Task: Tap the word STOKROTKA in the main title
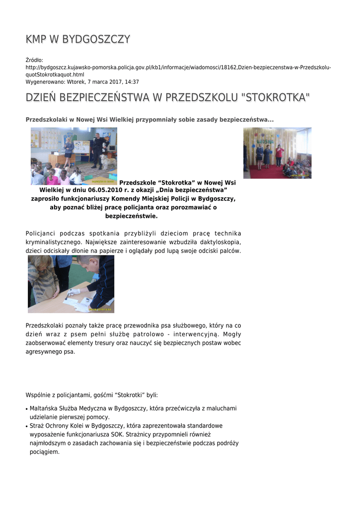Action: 276,97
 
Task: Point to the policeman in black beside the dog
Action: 97,148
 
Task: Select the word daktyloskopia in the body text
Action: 221,242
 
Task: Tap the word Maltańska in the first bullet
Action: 44,408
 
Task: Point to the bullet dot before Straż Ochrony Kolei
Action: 26,427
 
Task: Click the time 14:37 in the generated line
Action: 132,82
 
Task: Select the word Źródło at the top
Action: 34,60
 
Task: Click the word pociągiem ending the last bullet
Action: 45,452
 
